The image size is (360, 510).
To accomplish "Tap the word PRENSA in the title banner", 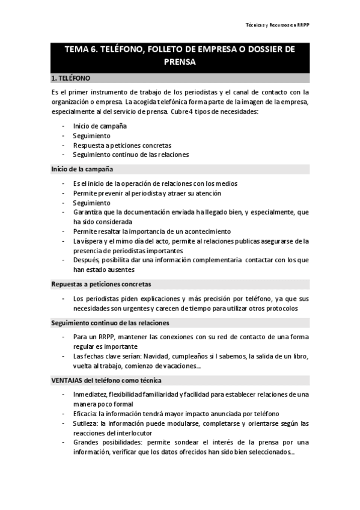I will click(180, 61).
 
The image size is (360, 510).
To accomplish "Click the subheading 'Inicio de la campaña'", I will click(82, 169).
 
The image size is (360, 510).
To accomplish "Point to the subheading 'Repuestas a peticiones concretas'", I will click(101, 283).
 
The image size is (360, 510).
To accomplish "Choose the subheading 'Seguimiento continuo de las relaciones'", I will click(110, 323).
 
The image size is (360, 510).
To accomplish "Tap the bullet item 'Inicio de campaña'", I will click(100, 126).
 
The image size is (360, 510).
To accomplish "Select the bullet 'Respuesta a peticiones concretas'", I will click(122, 145).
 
